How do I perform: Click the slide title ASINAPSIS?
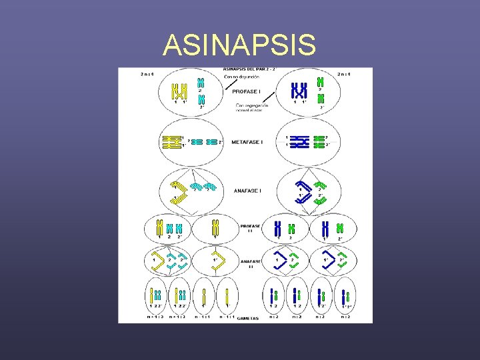pyautogui.click(x=239, y=45)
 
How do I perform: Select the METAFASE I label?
pyautogui.click(x=247, y=141)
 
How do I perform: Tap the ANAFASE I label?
pyautogui.click(x=247, y=191)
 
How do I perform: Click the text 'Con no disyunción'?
pyautogui.click(x=244, y=77)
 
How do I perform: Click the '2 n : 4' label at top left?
pyautogui.click(x=147, y=73)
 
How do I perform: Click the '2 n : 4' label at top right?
pyautogui.click(x=345, y=73)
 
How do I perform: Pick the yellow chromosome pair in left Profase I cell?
pyautogui.click(x=178, y=91)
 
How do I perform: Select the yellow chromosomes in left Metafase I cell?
pyautogui.click(x=171, y=141)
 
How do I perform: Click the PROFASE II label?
pyautogui.click(x=251, y=228)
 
